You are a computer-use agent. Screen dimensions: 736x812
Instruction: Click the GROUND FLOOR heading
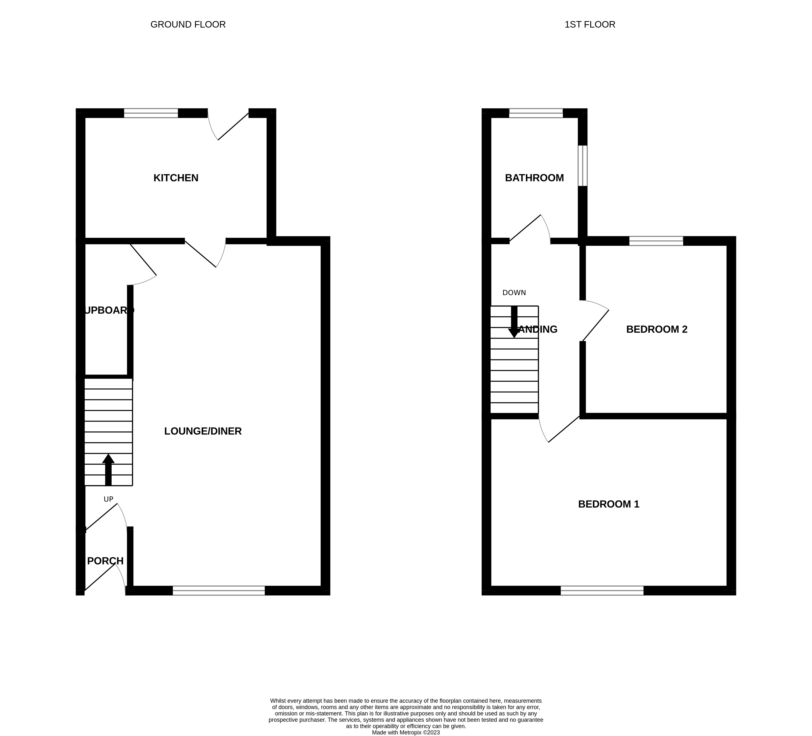188,25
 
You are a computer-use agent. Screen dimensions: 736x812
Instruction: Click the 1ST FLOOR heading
590,25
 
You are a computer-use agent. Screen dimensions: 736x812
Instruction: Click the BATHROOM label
534,178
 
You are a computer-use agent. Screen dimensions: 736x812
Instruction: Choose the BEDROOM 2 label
657,330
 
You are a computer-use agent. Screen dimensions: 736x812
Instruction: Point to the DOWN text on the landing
514,293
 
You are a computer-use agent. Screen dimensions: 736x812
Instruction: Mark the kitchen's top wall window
151,113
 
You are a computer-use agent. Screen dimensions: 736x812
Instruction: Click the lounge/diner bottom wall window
219,591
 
